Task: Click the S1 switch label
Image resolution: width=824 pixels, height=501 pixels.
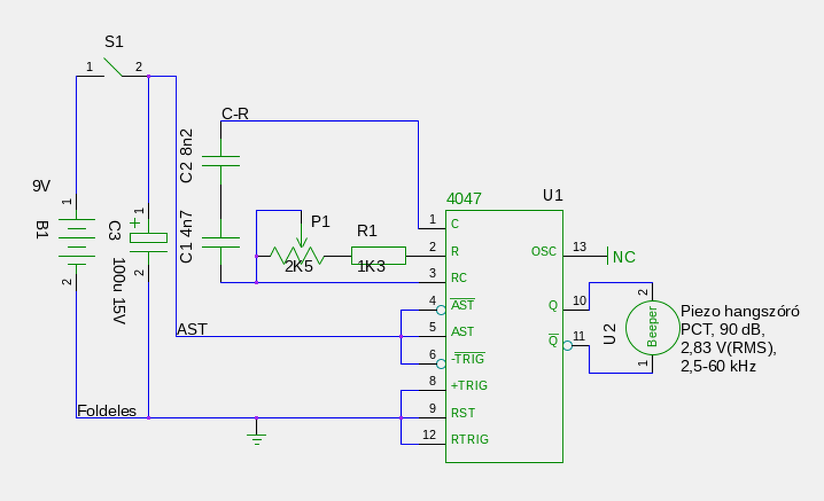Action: tap(114, 42)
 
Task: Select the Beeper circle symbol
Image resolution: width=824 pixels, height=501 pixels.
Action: tap(653, 328)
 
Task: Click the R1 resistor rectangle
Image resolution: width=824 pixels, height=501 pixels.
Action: tap(379, 255)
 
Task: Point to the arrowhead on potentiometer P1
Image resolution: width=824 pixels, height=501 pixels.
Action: tap(301, 242)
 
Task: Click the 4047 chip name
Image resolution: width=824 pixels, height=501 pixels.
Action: tap(464, 199)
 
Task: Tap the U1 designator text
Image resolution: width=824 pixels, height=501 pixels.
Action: tap(553, 195)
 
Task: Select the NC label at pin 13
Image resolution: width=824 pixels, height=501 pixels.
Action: tap(624, 257)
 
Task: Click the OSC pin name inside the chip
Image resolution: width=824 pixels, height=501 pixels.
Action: tap(544, 251)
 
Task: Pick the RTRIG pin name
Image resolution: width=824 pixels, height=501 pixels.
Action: tap(470, 439)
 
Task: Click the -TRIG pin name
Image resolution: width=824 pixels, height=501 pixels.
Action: tap(468, 358)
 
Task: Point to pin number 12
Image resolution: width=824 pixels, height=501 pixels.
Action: tap(429, 435)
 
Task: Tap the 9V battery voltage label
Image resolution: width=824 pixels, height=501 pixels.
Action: tap(41, 186)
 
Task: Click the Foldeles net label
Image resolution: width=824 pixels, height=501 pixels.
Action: tap(107, 411)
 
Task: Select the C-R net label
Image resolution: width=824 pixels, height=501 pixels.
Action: tap(235, 114)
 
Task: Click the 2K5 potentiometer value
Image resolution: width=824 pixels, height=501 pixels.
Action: tap(299, 266)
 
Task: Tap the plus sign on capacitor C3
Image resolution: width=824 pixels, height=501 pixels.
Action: tap(135, 223)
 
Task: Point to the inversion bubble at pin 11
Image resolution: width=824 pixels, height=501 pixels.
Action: tap(568, 346)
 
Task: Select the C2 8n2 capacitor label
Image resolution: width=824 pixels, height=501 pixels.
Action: tap(187, 156)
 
